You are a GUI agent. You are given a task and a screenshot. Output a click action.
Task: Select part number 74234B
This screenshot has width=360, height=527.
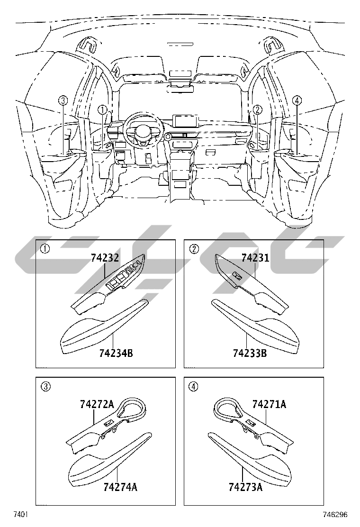click(x=116, y=354)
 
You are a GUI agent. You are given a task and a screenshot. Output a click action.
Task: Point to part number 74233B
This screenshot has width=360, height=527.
click(x=250, y=354)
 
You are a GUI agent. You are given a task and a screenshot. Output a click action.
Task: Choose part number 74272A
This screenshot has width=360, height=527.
click(x=97, y=404)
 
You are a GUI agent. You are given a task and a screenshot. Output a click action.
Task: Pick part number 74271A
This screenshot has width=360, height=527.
click(x=269, y=404)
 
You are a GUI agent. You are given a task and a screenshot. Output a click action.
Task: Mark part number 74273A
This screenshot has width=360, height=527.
click(x=245, y=487)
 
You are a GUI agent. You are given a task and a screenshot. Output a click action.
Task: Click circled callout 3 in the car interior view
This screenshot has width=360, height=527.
click(x=63, y=100)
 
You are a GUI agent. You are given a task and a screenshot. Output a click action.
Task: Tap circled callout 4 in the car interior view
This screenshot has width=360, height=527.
click(x=297, y=100)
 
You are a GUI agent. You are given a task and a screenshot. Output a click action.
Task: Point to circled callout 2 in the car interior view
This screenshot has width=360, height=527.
click(x=257, y=110)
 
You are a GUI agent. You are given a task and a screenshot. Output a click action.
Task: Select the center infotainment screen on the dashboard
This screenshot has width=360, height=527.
click(x=186, y=122)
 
